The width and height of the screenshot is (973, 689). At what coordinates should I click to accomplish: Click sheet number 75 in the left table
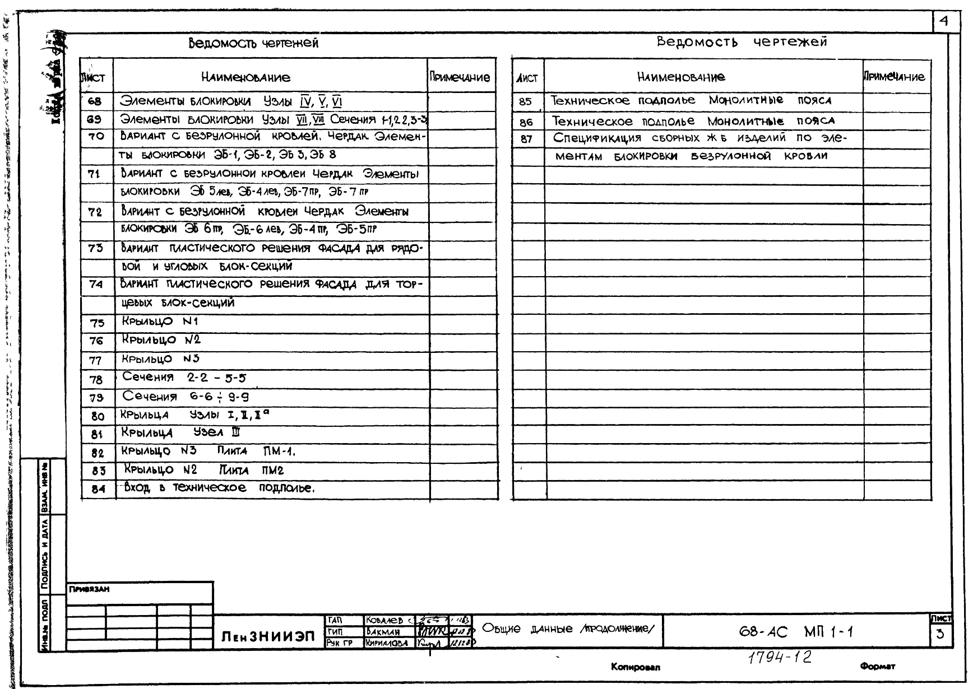96,323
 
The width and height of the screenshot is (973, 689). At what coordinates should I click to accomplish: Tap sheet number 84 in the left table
98,489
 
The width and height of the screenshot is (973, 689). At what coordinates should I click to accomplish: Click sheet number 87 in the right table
526,139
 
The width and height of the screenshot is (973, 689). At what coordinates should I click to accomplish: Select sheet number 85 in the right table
525,102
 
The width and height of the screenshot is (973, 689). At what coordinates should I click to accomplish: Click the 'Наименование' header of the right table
680,77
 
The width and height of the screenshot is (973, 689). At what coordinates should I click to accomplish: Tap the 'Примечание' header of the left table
460,77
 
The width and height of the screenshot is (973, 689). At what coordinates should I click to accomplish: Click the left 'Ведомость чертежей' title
253,43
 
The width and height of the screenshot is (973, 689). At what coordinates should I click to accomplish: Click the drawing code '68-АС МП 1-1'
796,632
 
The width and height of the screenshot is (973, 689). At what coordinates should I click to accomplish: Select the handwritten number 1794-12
780,657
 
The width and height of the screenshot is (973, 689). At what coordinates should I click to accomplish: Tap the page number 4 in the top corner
944,21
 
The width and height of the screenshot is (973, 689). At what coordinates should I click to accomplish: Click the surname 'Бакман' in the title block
383,631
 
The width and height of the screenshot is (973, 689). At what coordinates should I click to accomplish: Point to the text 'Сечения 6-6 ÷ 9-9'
186,397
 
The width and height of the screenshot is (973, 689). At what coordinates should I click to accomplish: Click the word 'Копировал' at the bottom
636,667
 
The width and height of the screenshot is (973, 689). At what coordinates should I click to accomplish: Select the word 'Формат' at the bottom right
878,666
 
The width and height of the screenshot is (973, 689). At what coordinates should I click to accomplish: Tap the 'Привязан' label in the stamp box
89,589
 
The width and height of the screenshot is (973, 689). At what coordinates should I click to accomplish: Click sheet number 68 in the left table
95,101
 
